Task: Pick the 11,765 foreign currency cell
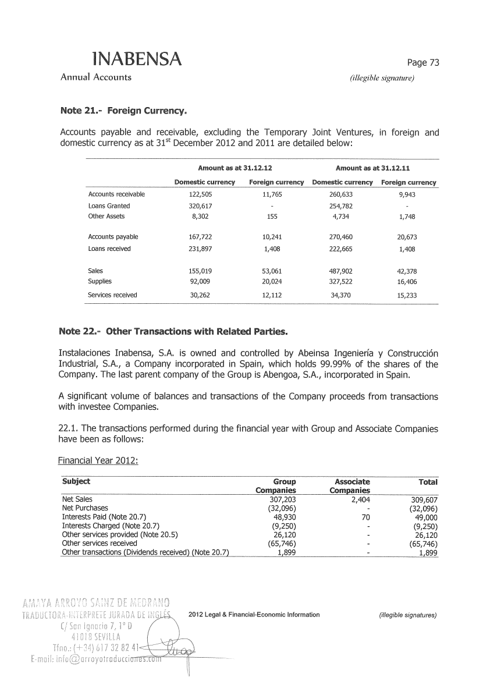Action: coord(272,194)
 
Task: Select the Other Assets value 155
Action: coord(272,216)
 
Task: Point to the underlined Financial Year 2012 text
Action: coord(98,462)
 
